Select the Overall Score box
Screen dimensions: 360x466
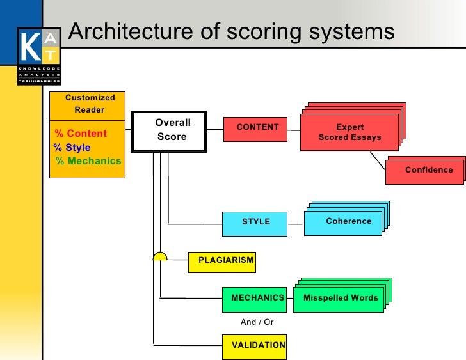tap(169, 132)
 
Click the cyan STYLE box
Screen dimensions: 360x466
tap(255, 223)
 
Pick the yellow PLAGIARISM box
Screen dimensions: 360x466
tap(222, 261)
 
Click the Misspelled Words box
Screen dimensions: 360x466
tap(339, 299)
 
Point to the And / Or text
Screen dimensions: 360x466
tap(257, 322)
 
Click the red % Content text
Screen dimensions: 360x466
tap(81, 134)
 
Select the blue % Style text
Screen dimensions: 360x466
tap(72, 148)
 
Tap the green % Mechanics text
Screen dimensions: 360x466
tap(88, 161)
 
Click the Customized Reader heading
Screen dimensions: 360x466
tap(89, 104)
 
